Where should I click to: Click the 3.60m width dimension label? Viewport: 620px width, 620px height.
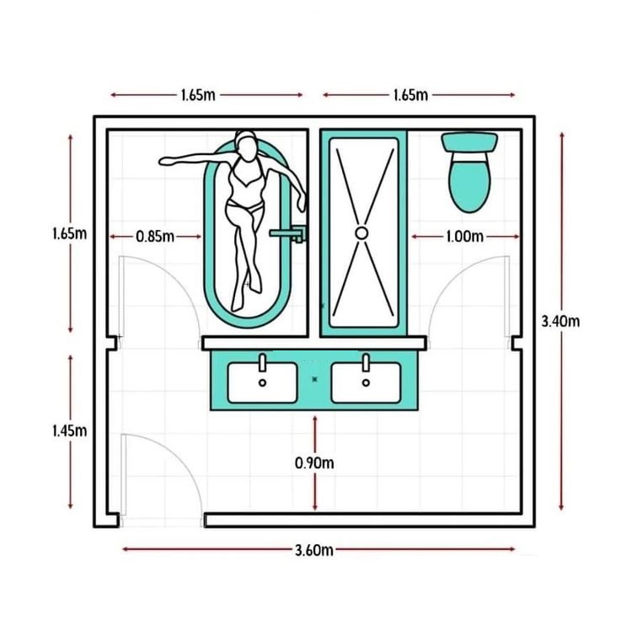314,549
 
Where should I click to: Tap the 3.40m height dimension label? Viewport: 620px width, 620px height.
560,322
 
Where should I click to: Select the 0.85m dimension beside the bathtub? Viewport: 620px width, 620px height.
155,237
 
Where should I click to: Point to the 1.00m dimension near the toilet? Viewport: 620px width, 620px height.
465,237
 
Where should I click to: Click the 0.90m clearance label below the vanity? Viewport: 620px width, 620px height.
314,462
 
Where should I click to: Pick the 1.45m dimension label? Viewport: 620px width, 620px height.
70,430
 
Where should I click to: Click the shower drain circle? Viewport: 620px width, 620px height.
361,232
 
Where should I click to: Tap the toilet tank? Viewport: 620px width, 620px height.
469,142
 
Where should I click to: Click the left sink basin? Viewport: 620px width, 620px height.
262,382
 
